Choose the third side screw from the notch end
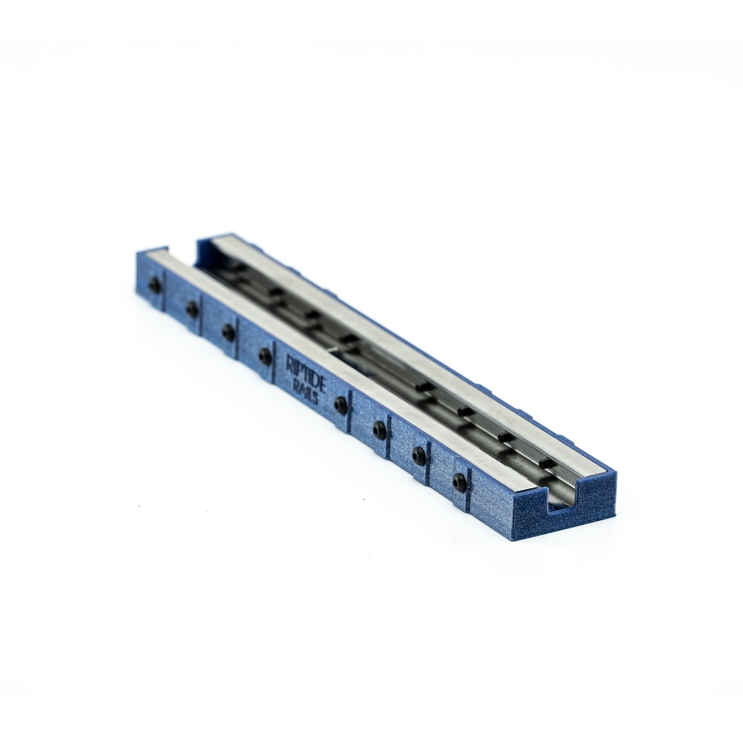coord(380,426)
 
